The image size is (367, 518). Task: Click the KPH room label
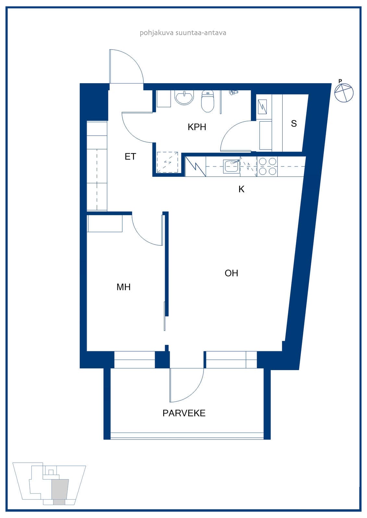(x=197, y=127)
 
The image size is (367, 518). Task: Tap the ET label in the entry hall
(x=130, y=157)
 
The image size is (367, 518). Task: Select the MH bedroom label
(x=123, y=287)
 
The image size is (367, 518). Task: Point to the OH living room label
(x=231, y=273)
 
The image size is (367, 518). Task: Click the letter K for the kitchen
(x=241, y=189)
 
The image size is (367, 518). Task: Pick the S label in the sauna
(x=294, y=123)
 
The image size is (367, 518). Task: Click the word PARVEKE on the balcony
(x=184, y=413)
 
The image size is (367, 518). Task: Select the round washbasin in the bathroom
(x=184, y=97)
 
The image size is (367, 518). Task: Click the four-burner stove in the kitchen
(x=267, y=166)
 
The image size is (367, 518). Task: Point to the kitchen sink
(x=231, y=166)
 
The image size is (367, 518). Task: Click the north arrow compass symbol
(x=344, y=93)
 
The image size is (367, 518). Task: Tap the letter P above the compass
(x=340, y=81)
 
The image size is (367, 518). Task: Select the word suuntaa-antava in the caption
(x=201, y=33)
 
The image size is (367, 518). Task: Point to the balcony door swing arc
(x=195, y=393)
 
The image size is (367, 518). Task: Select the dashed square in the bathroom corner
(x=167, y=162)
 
